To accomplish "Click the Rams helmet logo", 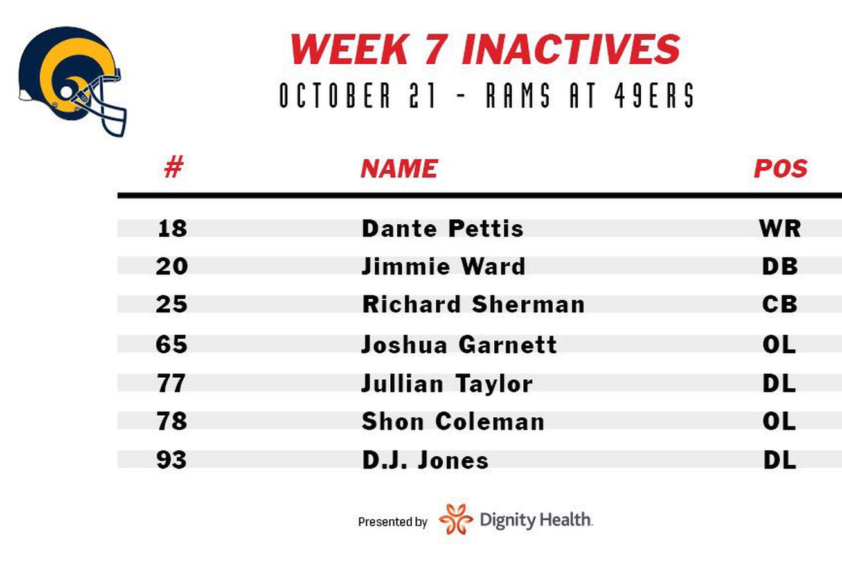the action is click(73, 81).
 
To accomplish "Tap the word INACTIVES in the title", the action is click(571, 49).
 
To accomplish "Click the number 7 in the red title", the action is click(435, 49).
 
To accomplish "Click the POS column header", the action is click(781, 168).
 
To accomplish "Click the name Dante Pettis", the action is click(442, 228).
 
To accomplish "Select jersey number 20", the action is click(172, 266).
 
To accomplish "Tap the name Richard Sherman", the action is click(473, 304).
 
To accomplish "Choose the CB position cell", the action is click(780, 304).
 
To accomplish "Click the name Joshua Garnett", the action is click(459, 344).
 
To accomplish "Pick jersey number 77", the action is click(172, 383).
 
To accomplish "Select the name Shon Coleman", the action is click(453, 421).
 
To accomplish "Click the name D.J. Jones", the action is click(425, 460).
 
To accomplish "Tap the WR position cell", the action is click(780, 228).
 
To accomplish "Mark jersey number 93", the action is click(172, 459).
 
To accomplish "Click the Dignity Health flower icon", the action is click(456, 519).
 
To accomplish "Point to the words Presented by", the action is click(393, 522).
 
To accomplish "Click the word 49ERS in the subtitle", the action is click(654, 95).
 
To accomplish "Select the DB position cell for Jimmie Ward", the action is click(780, 266).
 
